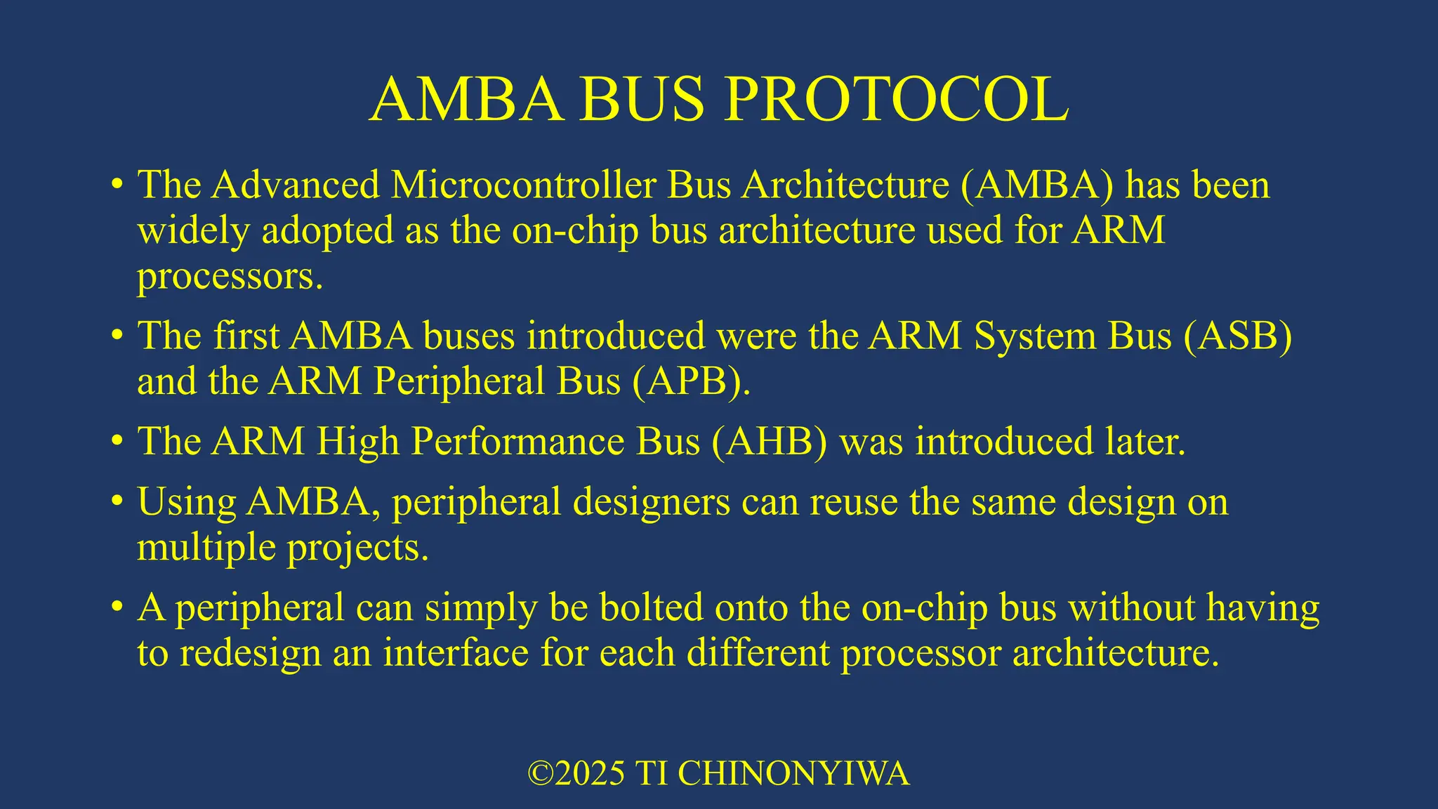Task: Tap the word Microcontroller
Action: [524, 185]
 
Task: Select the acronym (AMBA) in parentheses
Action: [1037, 185]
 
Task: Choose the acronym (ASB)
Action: [1238, 336]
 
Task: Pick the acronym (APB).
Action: [691, 382]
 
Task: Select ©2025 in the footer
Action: [576, 774]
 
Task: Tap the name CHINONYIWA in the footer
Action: [793, 774]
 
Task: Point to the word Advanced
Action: [296, 185]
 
